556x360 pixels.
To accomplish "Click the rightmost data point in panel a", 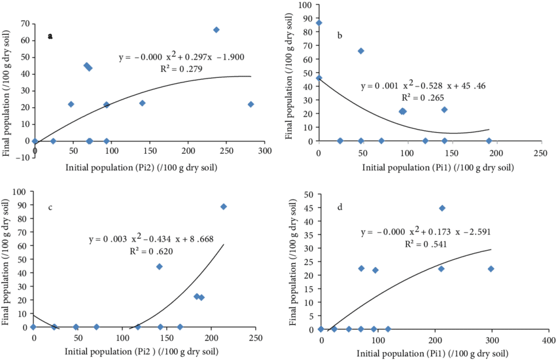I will [x=251, y=104].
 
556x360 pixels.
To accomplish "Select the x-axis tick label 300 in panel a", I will [x=264, y=151].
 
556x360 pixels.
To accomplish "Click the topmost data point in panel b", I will [x=319, y=23].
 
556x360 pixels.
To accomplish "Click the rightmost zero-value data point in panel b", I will [x=489, y=141].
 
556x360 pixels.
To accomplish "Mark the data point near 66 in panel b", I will [x=360, y=51].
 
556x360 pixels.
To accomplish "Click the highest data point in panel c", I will [x=224, y=206].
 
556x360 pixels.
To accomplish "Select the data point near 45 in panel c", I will [x=160, y=266].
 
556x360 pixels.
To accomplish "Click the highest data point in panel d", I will [x=442, y=208].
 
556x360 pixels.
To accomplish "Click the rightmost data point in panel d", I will [x=491, y=268].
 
